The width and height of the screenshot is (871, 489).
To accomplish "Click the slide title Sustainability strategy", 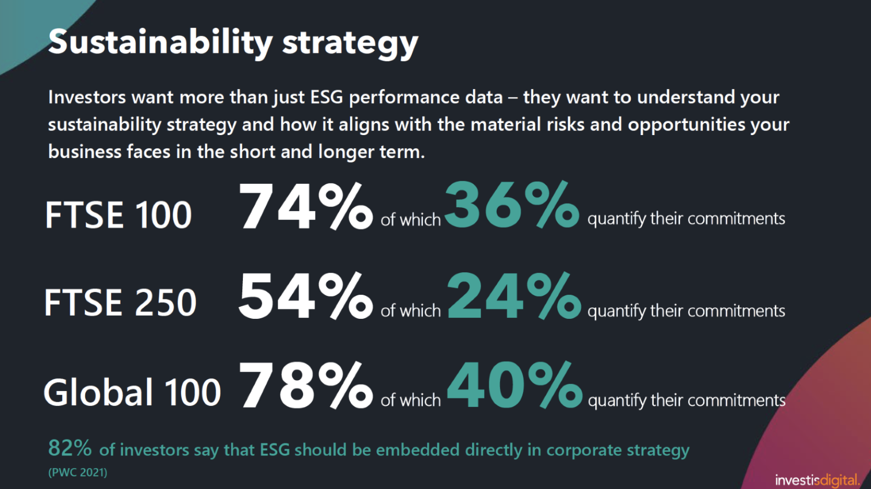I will click(233, 42).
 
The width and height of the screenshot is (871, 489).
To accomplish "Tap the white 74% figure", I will click(305, 206).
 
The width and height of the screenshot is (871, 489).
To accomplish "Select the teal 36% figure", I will click(511, 205).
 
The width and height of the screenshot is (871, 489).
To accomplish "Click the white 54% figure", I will click(305, 296).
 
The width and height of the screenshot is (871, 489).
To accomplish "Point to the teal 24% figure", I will click(513, 296).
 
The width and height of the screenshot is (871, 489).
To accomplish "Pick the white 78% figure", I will click(305, 386).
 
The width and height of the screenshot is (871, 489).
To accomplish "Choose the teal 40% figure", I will click(514, 386).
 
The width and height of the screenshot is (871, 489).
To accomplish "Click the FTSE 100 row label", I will click(118, 215).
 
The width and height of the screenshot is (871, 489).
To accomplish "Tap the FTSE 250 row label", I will click(120, 303).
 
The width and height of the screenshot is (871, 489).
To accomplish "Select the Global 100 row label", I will click(132, 393).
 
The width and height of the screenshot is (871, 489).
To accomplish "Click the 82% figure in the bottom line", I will click(70, 448).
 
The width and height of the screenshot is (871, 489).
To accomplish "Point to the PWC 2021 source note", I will click(77, 472).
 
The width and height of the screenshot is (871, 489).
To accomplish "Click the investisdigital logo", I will click(817, 480).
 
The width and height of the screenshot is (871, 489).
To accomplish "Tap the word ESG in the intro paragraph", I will click(327, 97).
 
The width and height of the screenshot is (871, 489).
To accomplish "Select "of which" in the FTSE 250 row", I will click(410, 310).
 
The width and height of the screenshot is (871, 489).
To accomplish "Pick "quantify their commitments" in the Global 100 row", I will click(686, 401).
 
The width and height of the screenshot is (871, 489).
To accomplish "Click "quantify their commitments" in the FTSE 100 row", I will click(686, 218).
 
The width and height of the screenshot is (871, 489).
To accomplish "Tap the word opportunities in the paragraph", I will click(686, 125).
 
